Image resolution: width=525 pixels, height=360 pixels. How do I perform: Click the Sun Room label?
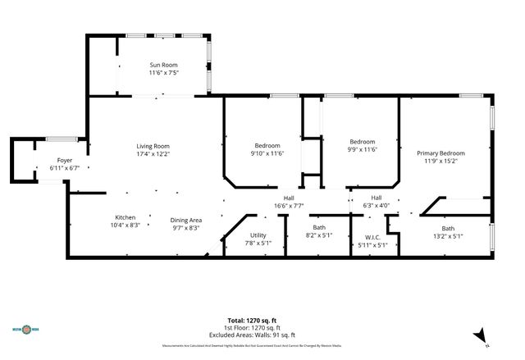tap(163, 65)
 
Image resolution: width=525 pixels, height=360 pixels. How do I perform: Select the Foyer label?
tap(64, 160)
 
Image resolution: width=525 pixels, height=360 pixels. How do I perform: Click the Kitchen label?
tap(125, 216)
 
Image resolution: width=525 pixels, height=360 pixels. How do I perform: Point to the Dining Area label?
tap(186, 220)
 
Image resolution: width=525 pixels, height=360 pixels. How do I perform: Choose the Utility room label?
tap(258, 235)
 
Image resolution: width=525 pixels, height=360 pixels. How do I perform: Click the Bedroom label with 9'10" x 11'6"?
tap(267, 145)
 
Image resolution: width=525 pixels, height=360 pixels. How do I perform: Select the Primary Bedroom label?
tap(441, 153)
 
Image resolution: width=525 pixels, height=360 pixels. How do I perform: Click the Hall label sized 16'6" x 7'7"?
tap(289, 198)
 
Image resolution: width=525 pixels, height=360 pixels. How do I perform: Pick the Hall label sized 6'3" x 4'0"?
tap(377, 198)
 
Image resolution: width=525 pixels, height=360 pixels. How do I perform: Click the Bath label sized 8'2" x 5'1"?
tap(319, 228)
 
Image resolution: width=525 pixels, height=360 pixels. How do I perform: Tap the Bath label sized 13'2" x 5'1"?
tap(448, 228)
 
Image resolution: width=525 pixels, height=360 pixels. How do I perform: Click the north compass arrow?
tap(485, 334)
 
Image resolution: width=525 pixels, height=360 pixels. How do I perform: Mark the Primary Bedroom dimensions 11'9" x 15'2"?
tap(441, 162)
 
